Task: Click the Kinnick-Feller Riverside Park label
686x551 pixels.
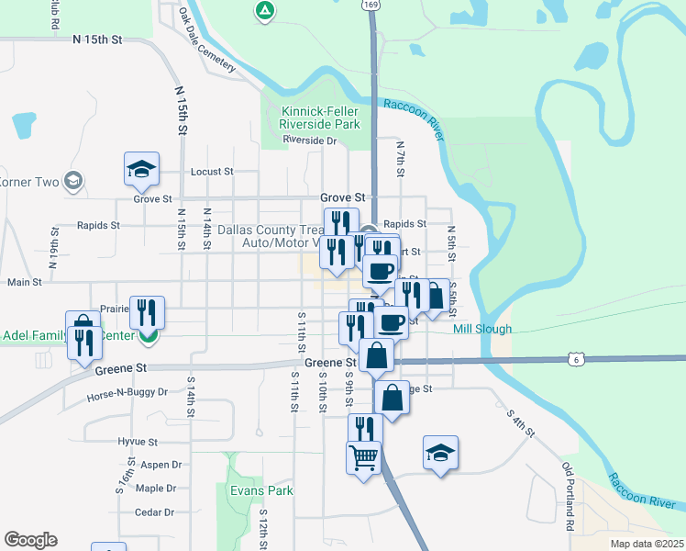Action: (x=319, y=117)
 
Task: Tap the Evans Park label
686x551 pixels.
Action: (x=262, y=490)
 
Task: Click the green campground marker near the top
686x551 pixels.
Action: (x=264, y=11)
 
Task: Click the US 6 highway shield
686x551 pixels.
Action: (x=575, y=358)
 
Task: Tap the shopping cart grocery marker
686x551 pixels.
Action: (x=364, y=456)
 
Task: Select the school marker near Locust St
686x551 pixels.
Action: (x=141, y=169)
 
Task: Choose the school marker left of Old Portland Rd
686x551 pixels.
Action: (x=440, y=453)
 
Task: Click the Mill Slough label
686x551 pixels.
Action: (x=482, y=329)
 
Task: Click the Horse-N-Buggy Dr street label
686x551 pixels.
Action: (x=127, y=392)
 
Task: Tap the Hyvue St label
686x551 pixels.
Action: (x=138, y=442)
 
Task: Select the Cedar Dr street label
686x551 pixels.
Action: (x=154, y=512)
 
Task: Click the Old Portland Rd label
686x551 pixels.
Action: (x=569, y=497)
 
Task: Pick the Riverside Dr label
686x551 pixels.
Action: (x=310, y=141)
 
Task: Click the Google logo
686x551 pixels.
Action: (x=30, y=540)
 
